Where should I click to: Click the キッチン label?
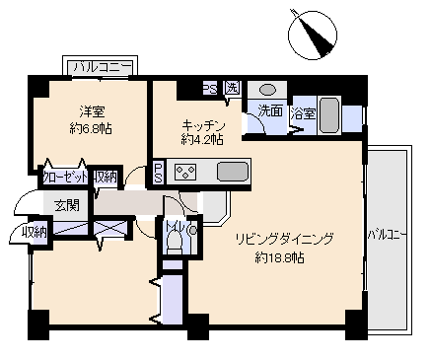(x=204, y=125)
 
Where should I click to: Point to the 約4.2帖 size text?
(x=202, y=140)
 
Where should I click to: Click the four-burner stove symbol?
(x=186, y=172)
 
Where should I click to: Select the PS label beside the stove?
(x=158, y=172)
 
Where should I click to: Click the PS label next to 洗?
(x=210, y=88)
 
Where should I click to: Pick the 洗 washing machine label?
(x=231, y=88)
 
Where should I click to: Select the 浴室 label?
(x=303, y=113)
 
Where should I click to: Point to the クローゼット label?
(x=65, y=178)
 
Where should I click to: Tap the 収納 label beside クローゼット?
(x=106, y=178)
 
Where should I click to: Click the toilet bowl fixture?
(x=176, y=248)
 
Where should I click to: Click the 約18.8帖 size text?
(x=281, y=258)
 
